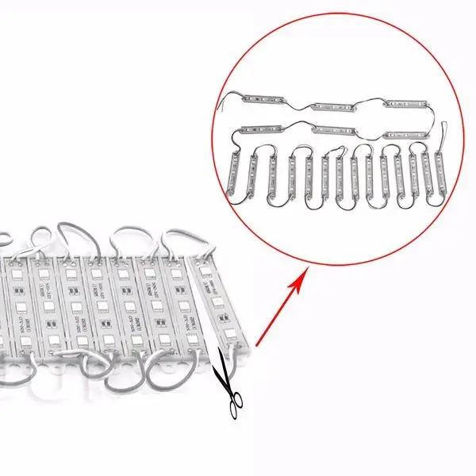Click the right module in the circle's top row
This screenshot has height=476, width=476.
(406, 105)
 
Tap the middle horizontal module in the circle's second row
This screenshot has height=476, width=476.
(335, 128)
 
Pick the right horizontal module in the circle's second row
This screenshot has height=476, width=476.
(406, 128)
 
